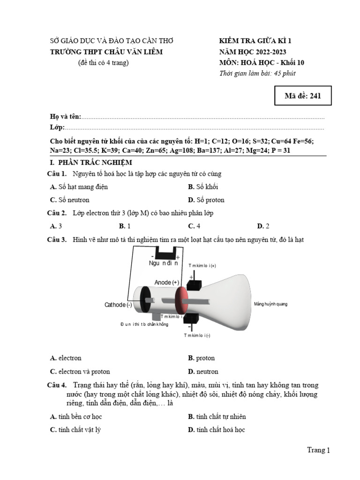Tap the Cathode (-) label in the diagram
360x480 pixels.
pyautogui.click(x=118, y=305)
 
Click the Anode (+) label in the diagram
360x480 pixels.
pyautogui.click(x=167, y=282)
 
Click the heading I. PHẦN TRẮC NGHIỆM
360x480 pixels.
pyautogui.click(x=91, y=163)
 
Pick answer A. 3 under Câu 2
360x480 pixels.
pyautogui.click(x=56, y=226)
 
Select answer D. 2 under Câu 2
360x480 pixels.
pyautogui.click(x=263, y=226)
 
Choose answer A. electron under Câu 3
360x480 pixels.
pyautogui.click(x=66, y=358)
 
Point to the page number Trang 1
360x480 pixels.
pyautogui.click(x=318, y=450)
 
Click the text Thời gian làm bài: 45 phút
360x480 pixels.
pyautogui.click(x=257, y=73)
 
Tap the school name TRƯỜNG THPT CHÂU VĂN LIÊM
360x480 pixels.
pyautogui.click(x=106, y=52)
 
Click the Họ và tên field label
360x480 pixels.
pyautogui.click(x=66, y=117)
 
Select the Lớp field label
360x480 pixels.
pyautogui.click(x=57, y=127)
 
